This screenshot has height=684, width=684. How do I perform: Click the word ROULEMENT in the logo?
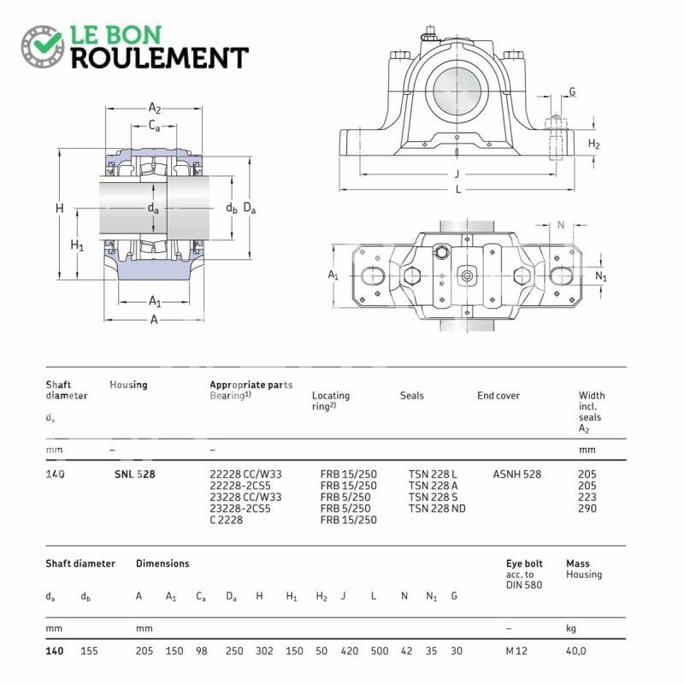(x=160, y=58)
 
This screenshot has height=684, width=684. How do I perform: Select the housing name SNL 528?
(x=135, y=475)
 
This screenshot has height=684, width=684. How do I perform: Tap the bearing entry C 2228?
(x=226, y=520)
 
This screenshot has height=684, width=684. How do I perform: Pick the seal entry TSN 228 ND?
(x=437, y=509)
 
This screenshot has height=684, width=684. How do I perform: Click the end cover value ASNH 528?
(x=517, y=475)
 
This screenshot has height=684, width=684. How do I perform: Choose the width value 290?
(x=587, y=509)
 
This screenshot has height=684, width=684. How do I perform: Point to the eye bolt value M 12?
(x=516, y=652)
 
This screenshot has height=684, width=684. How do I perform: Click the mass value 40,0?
(x=576, y=652)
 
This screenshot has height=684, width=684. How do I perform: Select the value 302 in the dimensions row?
(x=264, y=652)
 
